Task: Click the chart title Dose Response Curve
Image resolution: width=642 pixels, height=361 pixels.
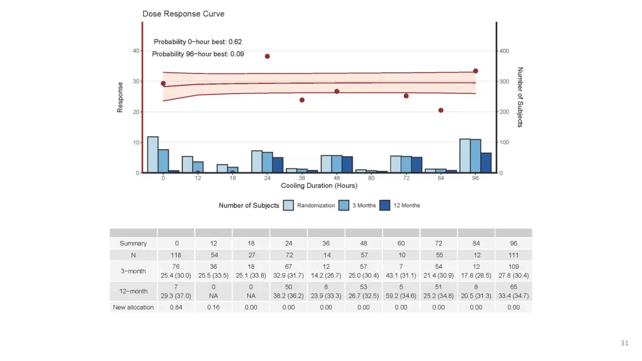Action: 183,14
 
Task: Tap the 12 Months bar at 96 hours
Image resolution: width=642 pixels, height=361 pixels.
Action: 486,162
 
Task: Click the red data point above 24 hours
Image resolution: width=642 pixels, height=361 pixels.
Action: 267,56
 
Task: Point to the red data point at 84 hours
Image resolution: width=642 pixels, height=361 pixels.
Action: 441,110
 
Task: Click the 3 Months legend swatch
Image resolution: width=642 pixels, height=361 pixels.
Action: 344,205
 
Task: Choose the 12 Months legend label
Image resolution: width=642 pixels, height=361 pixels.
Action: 407,206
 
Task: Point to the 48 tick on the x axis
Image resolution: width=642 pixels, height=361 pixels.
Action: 337,179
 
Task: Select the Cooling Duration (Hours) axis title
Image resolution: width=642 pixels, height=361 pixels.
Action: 319,186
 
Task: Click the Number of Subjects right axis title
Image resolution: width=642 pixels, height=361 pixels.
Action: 520,97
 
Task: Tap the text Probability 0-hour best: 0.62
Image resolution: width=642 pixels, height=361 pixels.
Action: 198,42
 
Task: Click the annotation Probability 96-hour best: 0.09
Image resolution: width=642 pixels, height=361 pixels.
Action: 198,54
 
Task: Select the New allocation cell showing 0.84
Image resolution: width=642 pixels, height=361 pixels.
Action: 176,307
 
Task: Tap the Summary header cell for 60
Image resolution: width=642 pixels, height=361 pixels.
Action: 401,243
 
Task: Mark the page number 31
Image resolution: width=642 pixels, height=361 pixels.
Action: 624,343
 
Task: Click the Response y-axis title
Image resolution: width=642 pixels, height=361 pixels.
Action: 120,98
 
